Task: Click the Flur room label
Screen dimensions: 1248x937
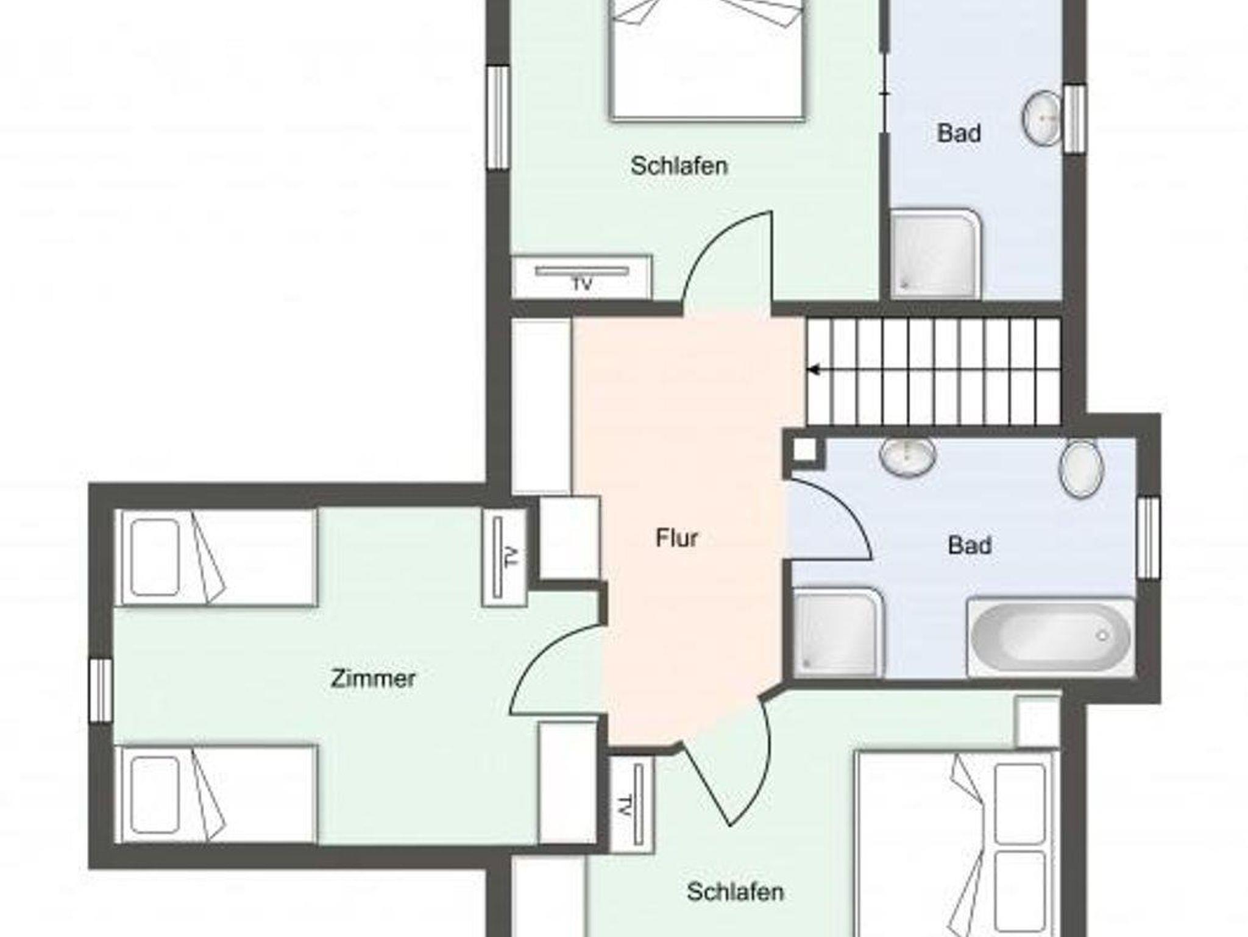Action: pyautogui.click(x=676, y=538)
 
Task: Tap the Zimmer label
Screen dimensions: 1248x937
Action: pyautogui.click(x=373, y=679)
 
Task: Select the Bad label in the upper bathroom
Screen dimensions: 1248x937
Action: pyautogui.click(x=959, y=133)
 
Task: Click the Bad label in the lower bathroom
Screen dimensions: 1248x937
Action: pyautogui.click(x=970, y=545)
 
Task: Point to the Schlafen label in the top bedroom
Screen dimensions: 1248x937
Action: pyautogui.click(x=679, y=166)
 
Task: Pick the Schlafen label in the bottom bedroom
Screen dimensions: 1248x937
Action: pyautogui.click(x=735, y=892)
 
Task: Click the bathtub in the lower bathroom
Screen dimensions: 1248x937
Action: pyautogui.click(x=1051, y=637)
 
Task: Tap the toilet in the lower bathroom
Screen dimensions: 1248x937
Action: pyautogui.click(x=1082, y=468)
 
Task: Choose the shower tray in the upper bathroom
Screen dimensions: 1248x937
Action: pyautogui.click(x=935, y=254)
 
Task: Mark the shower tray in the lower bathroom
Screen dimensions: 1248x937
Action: pyautogui.click(x=838, y=632)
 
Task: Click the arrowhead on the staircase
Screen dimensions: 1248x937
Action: pyautogui.click(x=813, y=370)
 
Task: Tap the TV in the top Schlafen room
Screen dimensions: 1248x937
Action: pyautogui.click(x=582, y=277)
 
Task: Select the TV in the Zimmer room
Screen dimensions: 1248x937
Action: pyautogui.click(x=504, y=556)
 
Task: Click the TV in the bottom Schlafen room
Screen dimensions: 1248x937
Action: pyautogui.click(x=632, y=804)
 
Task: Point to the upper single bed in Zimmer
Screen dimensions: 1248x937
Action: pyautogui.click(x=216, y=557)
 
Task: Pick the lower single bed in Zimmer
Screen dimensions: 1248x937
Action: pyautogui.click(x=216, y=794)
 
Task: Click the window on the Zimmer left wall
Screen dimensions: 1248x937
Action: pyautogui.click(x=101, y=690)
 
